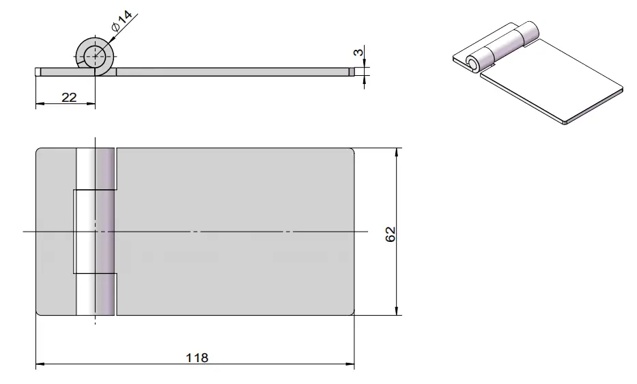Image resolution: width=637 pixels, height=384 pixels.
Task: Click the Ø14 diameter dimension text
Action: pos(122,21)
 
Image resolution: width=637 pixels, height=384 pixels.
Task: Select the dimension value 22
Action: pos(69,98)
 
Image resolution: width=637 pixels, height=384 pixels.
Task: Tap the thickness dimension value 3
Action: pos(358,53)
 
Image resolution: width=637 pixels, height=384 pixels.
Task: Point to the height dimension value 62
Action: pos(390,234)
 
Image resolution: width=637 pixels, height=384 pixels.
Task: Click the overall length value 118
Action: pos(197,357)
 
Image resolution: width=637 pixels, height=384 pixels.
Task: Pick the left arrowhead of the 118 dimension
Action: pos(40,364)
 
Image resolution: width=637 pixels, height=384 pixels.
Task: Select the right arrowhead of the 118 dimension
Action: pos(350,364)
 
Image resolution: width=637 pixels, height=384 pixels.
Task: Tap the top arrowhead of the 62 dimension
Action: pos(397,152)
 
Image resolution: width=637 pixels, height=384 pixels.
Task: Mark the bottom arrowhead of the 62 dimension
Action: pos(397,310)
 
